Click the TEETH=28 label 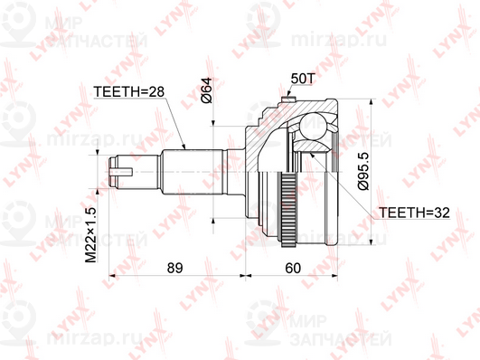(129, 91)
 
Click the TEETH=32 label (415, 213)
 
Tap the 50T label (303, 79)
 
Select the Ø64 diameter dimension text (207, 90)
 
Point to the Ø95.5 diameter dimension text (364, 171)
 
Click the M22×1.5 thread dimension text (91, 235)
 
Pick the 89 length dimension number (174, 268)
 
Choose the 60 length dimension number (293, 268)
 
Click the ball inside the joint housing (312, 126)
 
